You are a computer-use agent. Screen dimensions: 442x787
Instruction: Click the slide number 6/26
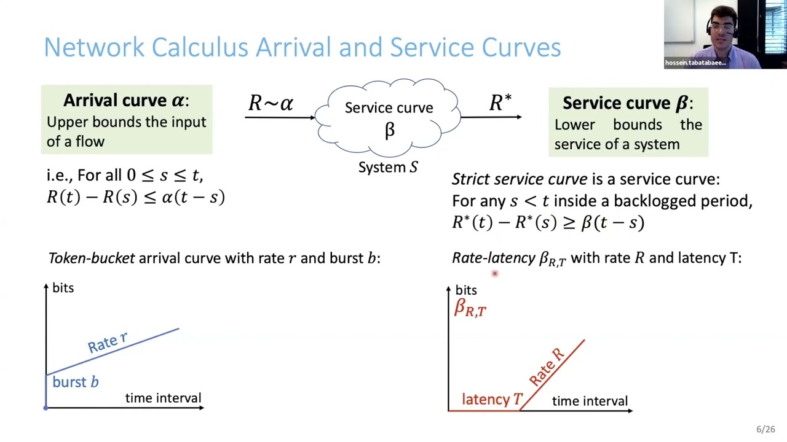pyautogui.click(x=765, y=430)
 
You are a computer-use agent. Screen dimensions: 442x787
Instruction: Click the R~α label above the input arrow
pyautogui.click(x=271, y=103)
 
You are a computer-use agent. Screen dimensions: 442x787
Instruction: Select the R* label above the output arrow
pyautogui.click(x=500, y=103)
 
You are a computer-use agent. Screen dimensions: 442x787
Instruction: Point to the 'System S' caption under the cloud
pyautogui.click(x=388, y=167)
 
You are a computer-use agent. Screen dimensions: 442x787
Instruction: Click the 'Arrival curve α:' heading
pyautogui.click(x=126, y=101)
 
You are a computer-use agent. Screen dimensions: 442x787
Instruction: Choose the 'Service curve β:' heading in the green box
pyautogui.click(x=627, y=103)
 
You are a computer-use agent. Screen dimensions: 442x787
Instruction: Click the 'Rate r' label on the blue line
pyautogui.click(x=108, y=343)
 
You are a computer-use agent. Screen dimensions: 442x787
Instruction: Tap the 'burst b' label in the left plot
pyautogui.click(x=76, y=382)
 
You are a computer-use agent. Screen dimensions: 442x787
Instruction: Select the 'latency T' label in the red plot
pyautogui.click(x=492, y=400)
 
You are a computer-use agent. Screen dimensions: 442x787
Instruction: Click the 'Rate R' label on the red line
pyautogui.click(x=547, y=366)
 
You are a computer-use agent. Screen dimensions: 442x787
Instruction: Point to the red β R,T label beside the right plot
pyautogui.click(x=470, y=308)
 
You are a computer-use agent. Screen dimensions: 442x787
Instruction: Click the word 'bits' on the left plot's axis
pyautogui.click(x=63, y=288)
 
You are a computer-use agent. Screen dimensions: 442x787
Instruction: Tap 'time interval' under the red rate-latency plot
pyautogui.click(x=590, y=401)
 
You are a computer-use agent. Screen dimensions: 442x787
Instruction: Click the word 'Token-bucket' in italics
pyautogui.click(x=91, y=258)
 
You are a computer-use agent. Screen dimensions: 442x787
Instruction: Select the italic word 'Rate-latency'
pyautogui.click(x=492, y=258)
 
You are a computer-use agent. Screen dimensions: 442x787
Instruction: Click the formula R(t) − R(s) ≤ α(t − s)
pyautogui.click(x=136, y=197)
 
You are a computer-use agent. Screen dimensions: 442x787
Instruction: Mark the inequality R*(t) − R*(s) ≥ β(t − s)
pyautogui.click(x=548, y=222)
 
